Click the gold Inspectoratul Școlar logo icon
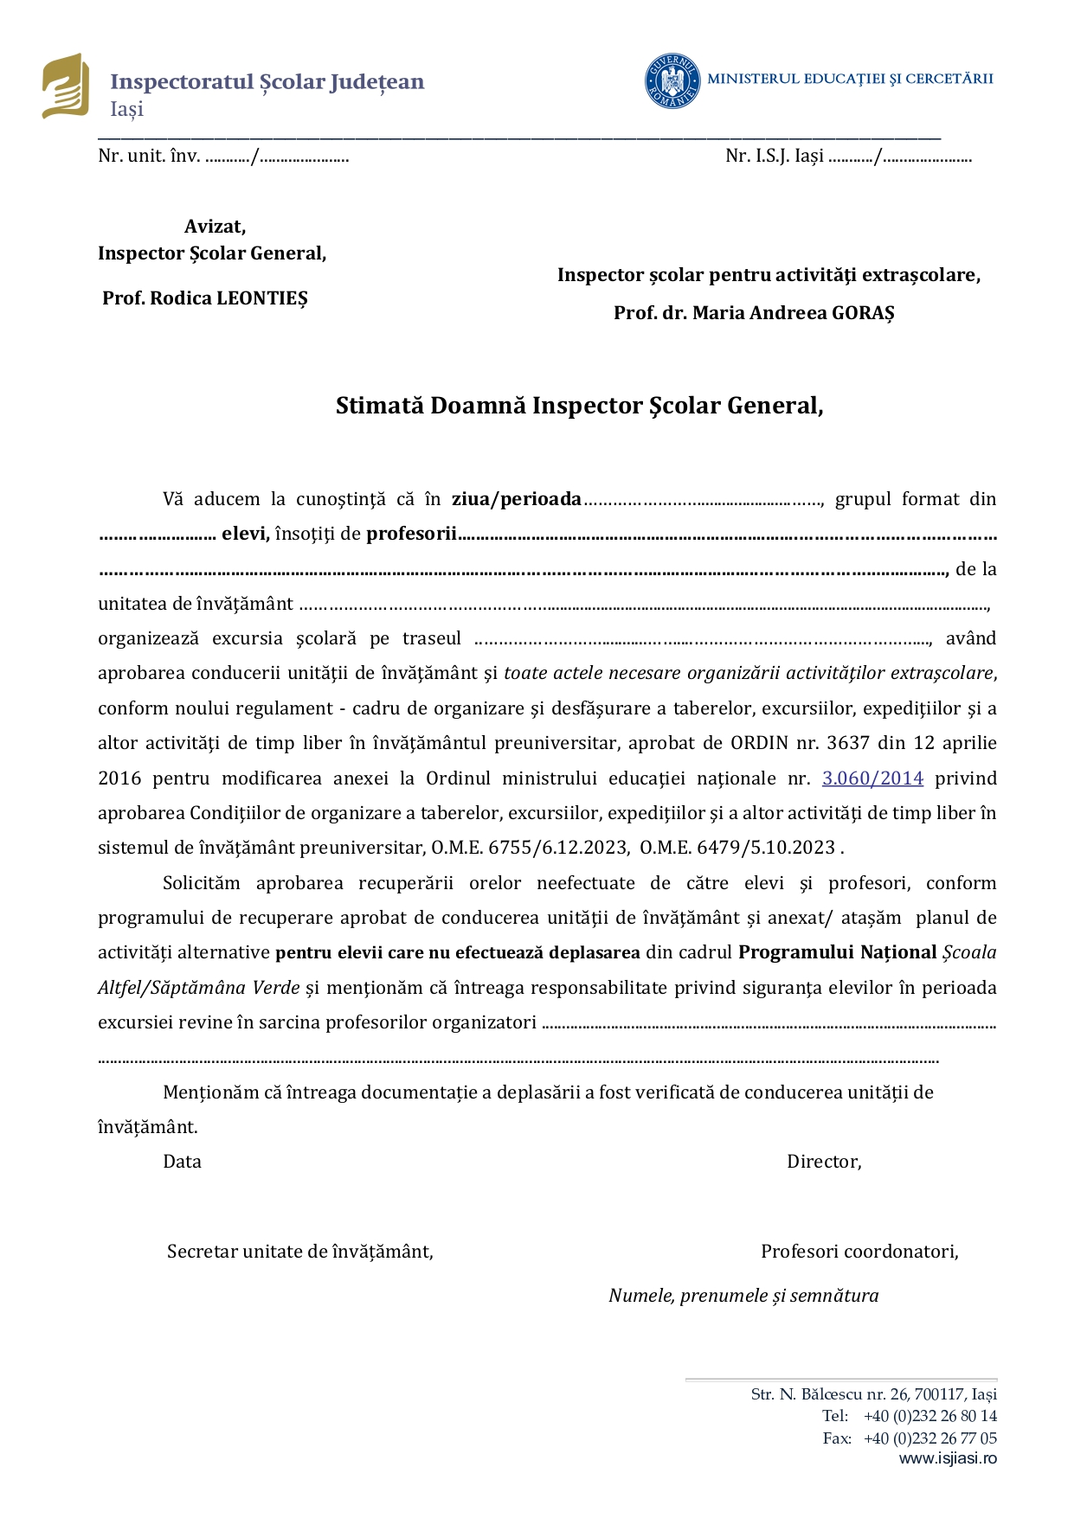tap(66, 86)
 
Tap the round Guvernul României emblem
tap(672, 81)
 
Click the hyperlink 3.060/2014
tap(872, 778)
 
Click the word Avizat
tap(215, 227)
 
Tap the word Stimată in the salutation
tap(379, 406)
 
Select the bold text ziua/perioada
tap(517, 499)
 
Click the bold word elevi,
tap(246, 534)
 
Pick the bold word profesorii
tap(412, 534)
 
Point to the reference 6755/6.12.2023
tap(558, 848)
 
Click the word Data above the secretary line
tap(182, 1162)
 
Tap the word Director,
tap(824, 1162)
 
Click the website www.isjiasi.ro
tap(948, 1458)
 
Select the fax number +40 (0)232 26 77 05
tap(930, 1438)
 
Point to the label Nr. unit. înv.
tap(149, 157)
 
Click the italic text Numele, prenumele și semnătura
tap(743, 1296)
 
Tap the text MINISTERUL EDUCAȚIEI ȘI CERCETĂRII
tap(850, 79)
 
